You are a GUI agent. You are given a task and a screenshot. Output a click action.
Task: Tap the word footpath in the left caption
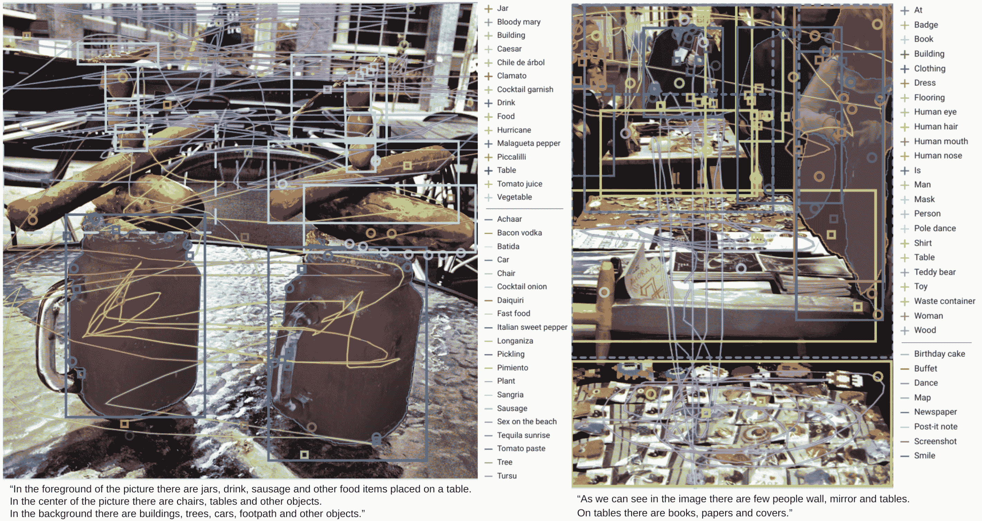click(258, 513)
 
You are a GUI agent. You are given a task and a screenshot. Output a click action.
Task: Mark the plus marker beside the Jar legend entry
click(488, 8)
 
